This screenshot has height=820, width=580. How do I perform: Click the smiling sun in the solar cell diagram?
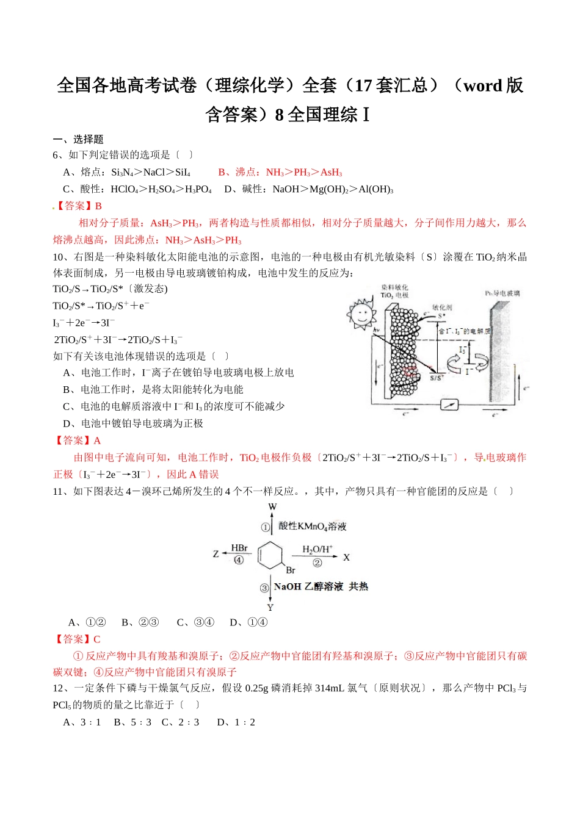tap(361, 313)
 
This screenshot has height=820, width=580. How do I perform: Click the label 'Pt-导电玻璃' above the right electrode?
tap(502, 293)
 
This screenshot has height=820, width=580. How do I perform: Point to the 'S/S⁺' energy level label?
tap(437, 377)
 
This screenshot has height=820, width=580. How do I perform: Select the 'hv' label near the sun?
tap(377, 330)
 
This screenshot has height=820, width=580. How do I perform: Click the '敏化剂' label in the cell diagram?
tap(442, 307)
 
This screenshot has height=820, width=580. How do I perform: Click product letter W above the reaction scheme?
tap(272, 506)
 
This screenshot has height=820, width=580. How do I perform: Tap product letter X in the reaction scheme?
tap(346, 557)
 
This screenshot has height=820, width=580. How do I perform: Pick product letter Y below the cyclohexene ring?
tap(270, 607)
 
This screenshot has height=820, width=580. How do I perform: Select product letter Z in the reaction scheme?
tap(216, 554)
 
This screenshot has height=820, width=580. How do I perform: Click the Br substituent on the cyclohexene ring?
tap(291, 570)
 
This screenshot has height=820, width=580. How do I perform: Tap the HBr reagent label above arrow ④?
tap(239, 548)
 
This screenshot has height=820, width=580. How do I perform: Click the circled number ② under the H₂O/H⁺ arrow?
tap(317, 563)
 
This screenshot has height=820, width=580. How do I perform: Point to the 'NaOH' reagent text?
tap(288, 586)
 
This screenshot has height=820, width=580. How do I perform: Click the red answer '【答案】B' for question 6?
tap(78, 206)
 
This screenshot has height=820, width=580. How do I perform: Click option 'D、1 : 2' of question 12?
tap(236, 722)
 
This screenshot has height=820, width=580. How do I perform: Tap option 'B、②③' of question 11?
tap(140, 622)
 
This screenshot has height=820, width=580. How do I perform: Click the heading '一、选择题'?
tap(78, 139)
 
